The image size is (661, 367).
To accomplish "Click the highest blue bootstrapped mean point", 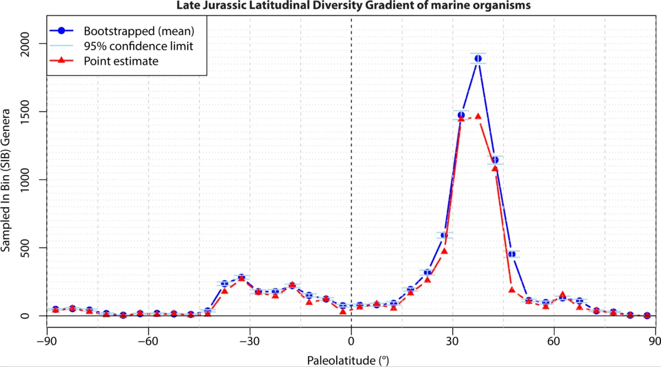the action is click(478, 58).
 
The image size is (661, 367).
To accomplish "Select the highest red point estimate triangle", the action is click(478, 117).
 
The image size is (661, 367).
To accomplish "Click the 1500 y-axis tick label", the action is click(25, 112).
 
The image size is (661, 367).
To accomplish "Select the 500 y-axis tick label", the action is click(25, 248).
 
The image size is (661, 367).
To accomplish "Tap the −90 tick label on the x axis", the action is click(47, 341).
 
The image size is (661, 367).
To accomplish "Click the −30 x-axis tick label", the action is click(250, 341).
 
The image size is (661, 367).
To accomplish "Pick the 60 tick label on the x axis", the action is click(554, 341).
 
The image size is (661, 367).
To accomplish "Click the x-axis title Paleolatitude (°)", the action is click(348, 360).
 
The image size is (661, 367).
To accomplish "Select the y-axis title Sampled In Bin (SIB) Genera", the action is click(6, 180).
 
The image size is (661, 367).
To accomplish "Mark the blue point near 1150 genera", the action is click(495, 160).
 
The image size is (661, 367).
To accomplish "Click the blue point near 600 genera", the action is click(444, 235).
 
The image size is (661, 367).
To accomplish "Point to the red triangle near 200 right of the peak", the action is click(512, 290).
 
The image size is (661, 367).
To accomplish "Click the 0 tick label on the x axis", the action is click(351, 341).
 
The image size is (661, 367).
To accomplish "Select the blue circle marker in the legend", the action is click(61, 30).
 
